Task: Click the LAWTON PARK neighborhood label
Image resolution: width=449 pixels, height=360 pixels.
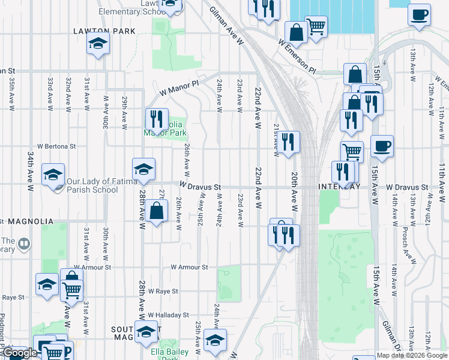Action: coord(104,30)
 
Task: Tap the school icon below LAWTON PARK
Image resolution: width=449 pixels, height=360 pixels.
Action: coord(98,44)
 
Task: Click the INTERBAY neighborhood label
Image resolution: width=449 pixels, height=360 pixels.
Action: coord(339,187)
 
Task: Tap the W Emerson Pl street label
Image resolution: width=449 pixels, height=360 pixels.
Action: coord(297,56)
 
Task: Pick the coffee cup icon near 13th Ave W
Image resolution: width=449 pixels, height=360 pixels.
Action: coord(419,14)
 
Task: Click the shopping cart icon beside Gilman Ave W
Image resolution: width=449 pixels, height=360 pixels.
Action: coord(316,26)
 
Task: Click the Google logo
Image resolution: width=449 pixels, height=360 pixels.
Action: coord(20,353)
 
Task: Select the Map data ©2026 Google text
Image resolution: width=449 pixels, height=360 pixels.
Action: coord(412,355)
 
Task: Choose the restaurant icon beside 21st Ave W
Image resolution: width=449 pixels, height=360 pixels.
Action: coord(289,142)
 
